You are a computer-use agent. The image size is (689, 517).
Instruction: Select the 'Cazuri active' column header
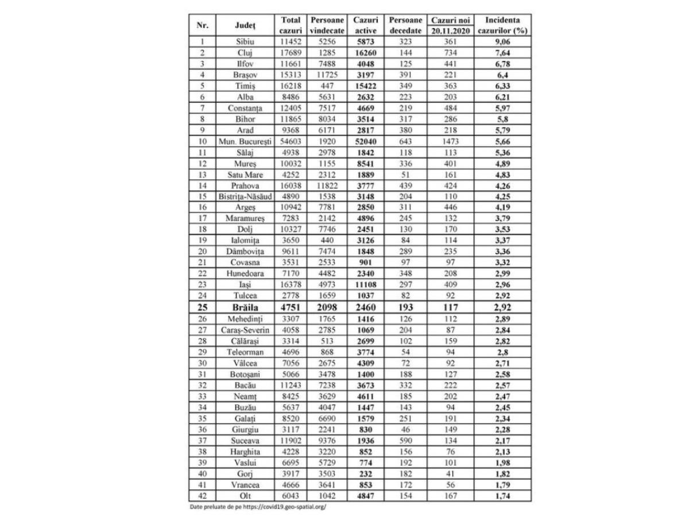[x=365, y=25]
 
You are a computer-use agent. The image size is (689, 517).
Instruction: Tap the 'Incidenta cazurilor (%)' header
[x=502, y=25]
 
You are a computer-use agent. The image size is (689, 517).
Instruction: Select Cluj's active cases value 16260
[x=365, y=53]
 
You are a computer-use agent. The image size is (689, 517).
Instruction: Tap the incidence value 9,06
[x=502, y=42]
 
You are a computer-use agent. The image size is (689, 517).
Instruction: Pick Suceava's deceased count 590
[x=406, y=441]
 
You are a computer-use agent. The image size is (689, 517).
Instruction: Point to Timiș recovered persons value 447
[x=327, y=86]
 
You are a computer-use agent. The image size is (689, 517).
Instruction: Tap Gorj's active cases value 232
[x=365, y=474]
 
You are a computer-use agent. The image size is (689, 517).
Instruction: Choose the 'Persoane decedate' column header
[x=406, y=25]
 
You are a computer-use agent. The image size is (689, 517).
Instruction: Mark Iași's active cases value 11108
[x=365, y=285]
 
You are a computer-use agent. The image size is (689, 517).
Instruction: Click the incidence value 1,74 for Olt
[x=502, y=496]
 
